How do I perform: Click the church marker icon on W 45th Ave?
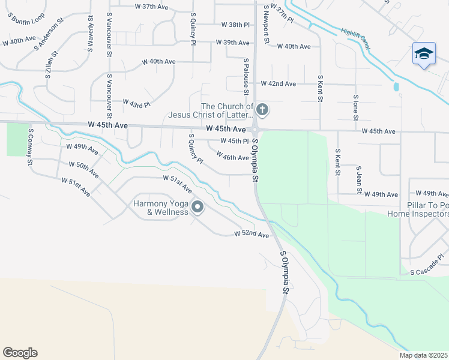pyautogui.click(x=262, y=110)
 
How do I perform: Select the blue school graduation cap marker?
pyautogui.click(x=423, y=54)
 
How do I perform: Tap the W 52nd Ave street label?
pyautogui.click(x=252, y=234)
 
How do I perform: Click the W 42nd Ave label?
pyautogui.click(x=278, y=84)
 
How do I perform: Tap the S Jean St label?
pyautogui.click(x=358, y=180)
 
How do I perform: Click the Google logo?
pyautogui.click(x=20, y=353)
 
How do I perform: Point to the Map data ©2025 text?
pyautogui.click(x=423, y=355)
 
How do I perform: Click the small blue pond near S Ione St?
pyautogui.click(x=396, y=87)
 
